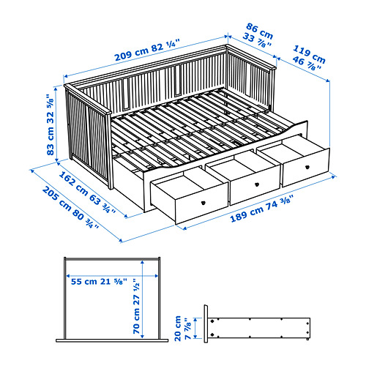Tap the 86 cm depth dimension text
click(x=259, y=31)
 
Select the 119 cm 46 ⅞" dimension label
click(x=309, y=58)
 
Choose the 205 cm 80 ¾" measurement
click(x=70, y=207)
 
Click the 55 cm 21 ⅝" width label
click(x=99, y=281)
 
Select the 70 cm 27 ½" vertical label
click(x=136, y=306)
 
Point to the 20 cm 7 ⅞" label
click(x=182, y=328)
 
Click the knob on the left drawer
click(x=203, y=202)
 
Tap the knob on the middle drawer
click(x=257, y=184)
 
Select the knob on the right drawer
click(x=307, y=167)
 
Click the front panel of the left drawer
click(x=201, y=203)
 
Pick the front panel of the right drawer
click(x=306, y=168)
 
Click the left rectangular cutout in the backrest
click(x=126, y=93)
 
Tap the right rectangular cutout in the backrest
click(x=177, y=80)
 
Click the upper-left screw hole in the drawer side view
click(x=212, y=321)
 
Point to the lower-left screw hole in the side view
click(x=212, y=335)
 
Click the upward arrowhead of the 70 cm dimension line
click(x=143, y=262)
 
